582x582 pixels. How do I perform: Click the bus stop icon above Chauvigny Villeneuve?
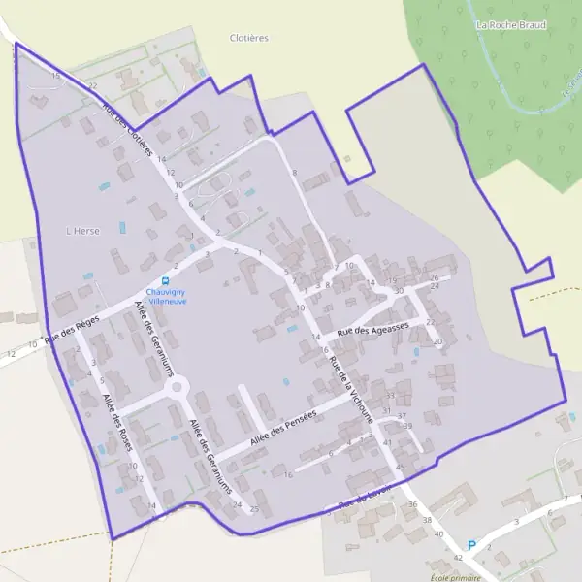pos(166,279)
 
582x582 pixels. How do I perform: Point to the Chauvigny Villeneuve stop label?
pos(166,296)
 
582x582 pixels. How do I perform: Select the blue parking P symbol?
pos(472,545)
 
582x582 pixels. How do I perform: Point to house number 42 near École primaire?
pos(458,557)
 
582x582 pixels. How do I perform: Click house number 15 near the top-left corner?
pos(56,75)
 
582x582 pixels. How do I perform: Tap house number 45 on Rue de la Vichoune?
pos(400,468)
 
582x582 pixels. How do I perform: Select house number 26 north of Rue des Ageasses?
pos(435,277)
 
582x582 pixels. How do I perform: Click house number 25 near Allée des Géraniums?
pos(255,508)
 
